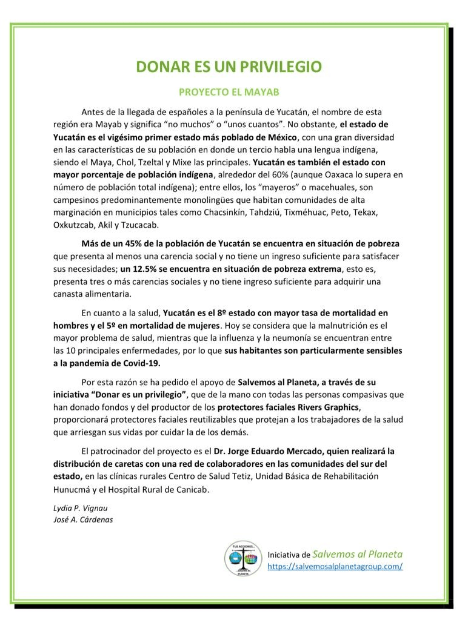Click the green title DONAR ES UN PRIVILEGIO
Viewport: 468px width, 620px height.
pyautogui.click(x=228, y=67)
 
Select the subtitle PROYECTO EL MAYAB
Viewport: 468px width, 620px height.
pyautogui.click(x=228, y=93)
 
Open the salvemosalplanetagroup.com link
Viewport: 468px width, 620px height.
pyautogui.click(x=335, y=566)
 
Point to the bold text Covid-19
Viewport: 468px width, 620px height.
pyautogui.click(x=145, y=363)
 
